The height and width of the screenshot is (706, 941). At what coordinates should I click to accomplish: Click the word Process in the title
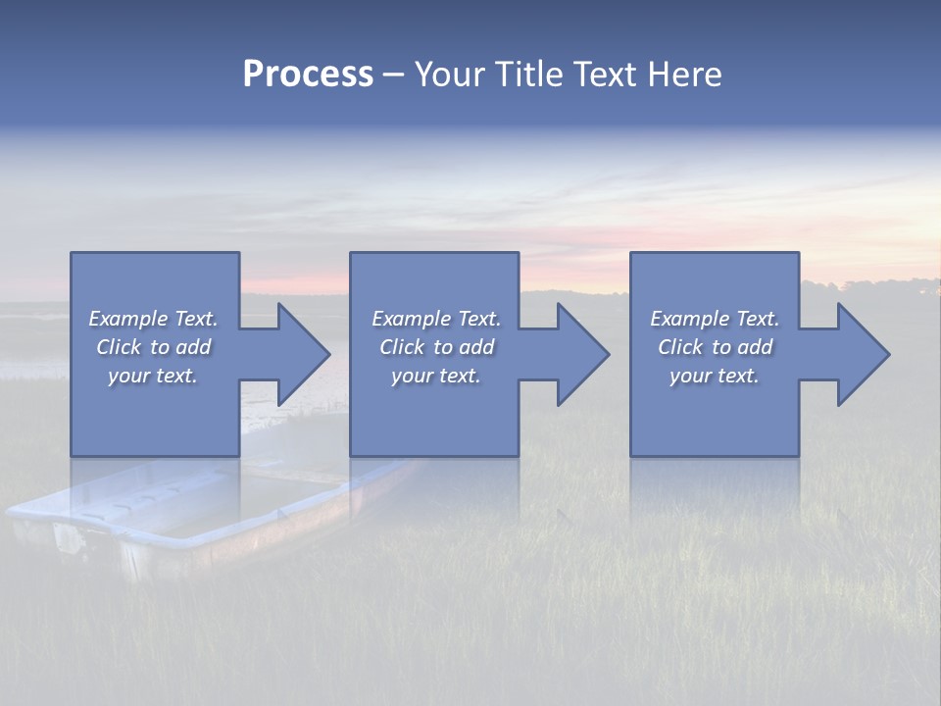click(x=308, y=75)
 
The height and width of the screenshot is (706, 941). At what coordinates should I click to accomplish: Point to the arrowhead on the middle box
click(x=583, y=354)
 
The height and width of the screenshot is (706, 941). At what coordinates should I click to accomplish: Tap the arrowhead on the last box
click(x=864, y=354)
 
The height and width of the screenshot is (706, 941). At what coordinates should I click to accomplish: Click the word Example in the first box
click(x=127, y=319)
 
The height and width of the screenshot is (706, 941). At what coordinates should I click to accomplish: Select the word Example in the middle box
click(x=411, y=319)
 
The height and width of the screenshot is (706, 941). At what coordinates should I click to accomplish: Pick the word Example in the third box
click(x=689, y=319)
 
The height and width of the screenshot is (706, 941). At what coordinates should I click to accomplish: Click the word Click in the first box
click(x=118, y=347)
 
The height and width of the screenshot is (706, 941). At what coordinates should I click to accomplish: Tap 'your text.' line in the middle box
click(x=436, y=376)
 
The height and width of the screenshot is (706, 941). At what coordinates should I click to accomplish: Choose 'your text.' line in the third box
click(x=715, y=376)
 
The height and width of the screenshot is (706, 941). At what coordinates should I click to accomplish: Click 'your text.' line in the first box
click(x=153, y=376)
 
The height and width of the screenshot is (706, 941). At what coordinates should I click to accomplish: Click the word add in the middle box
click(x=476, y=347)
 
